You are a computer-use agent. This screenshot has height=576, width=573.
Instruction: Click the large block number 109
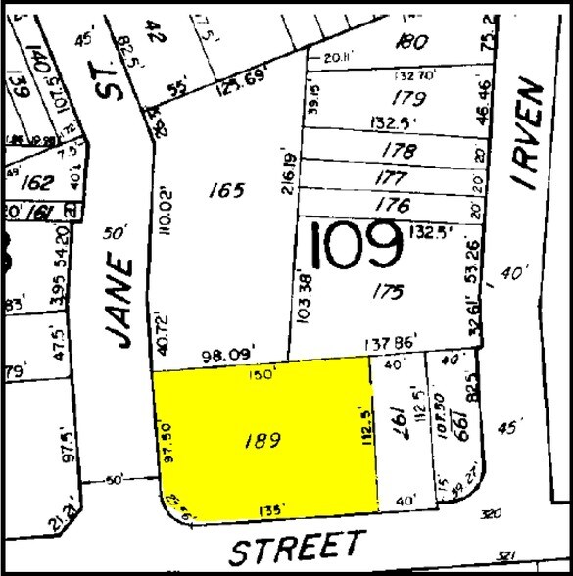pos(356,247)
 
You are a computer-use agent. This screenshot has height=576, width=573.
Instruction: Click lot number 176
pos(393,204)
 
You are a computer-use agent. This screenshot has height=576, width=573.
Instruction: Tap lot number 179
pos(407,99)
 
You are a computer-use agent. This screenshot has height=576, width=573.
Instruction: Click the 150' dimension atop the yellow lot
pos(260,373)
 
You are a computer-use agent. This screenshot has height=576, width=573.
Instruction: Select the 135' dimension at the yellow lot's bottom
pos(270,509)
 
